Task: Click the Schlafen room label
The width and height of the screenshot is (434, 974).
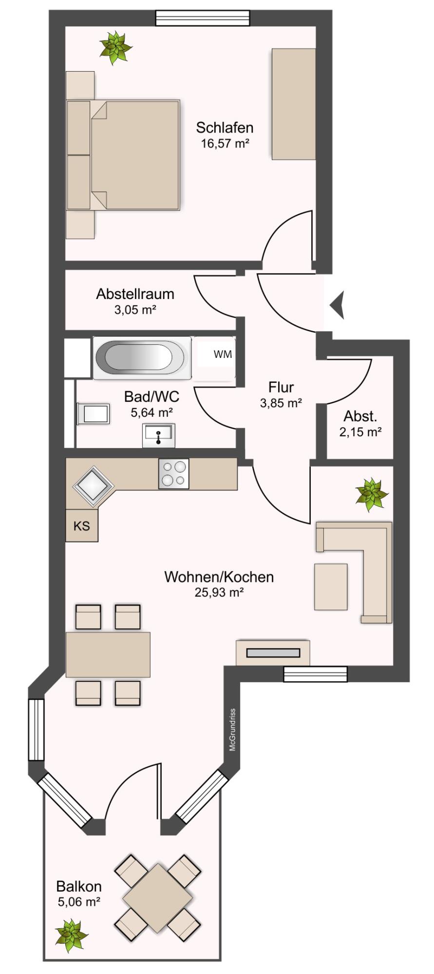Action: click(225, 128)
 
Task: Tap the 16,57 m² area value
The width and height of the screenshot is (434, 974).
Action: click(225, 144)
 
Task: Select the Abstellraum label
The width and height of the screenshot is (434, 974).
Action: click(135, 294)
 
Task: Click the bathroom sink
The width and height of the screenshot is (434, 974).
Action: click(159, 434)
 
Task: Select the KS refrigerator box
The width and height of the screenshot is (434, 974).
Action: click(82, 526)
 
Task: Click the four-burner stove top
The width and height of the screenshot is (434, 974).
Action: click(173, 473)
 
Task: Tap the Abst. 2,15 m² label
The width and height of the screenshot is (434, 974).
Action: click(360, 424)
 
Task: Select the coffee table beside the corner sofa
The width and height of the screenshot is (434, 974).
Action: click(331, 587)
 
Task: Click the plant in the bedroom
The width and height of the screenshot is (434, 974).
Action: click(115, 47)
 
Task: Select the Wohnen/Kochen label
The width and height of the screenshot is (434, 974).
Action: click(219, 577)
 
